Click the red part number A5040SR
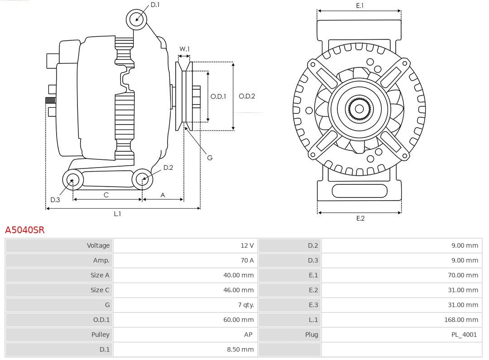pyautogui.click(x=25, y=230)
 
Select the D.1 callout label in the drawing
pyautogui.click(x=155, y=5)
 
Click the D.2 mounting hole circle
pyautogui.click(x=142, y=179)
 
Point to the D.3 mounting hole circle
pyautogui.click(x=72, y=180)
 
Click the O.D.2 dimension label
pyautogui.click(x=247, y=96)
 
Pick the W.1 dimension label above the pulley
pyautogui.click(x=184, y=49)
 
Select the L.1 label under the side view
pyautogui.click(x=117, y=214)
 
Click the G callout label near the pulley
pyautogui.click(x=210, y=158)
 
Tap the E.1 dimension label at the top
pyautogui.click(x=360, y=6)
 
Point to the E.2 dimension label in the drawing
pyautogui.click(x=360, y=218)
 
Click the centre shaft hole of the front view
pyautogui.click(x=359, y=109)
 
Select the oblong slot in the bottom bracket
pyautogui.click(x=360, y=191)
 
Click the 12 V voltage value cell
pyautogui.click(x=247, y=245)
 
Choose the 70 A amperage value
pyautogui.click(x=247, y=260)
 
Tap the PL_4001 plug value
pyautogui.click(x=464, y=335)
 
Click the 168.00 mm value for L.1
pyautogui.click(x=461, y=320)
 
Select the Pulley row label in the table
pyautogui.click(x=100, y=335)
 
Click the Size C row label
pyautogui.click(x=100, y=290)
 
